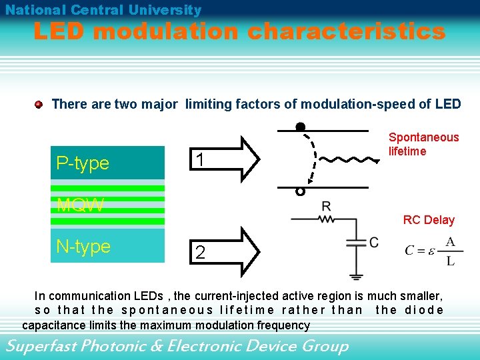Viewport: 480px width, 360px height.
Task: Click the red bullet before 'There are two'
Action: click(x=39, y=104)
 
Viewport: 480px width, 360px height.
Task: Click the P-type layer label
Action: click(x=83, y=163)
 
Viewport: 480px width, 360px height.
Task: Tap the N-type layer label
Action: click(x=83, y=247)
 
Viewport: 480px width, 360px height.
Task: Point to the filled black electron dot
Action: click(x=301, y=127)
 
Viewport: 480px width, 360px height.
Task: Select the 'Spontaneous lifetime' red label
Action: click(x=423, y=144)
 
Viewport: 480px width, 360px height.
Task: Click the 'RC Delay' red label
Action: click(x=429, y=220)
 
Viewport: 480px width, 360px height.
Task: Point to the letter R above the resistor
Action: click(x=326, y=206)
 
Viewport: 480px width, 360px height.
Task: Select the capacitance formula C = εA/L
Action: click(x=433, y=251)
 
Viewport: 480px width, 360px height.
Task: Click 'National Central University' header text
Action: click(x=103, y=10)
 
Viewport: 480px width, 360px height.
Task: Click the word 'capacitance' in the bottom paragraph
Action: click(x=56, y=325)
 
